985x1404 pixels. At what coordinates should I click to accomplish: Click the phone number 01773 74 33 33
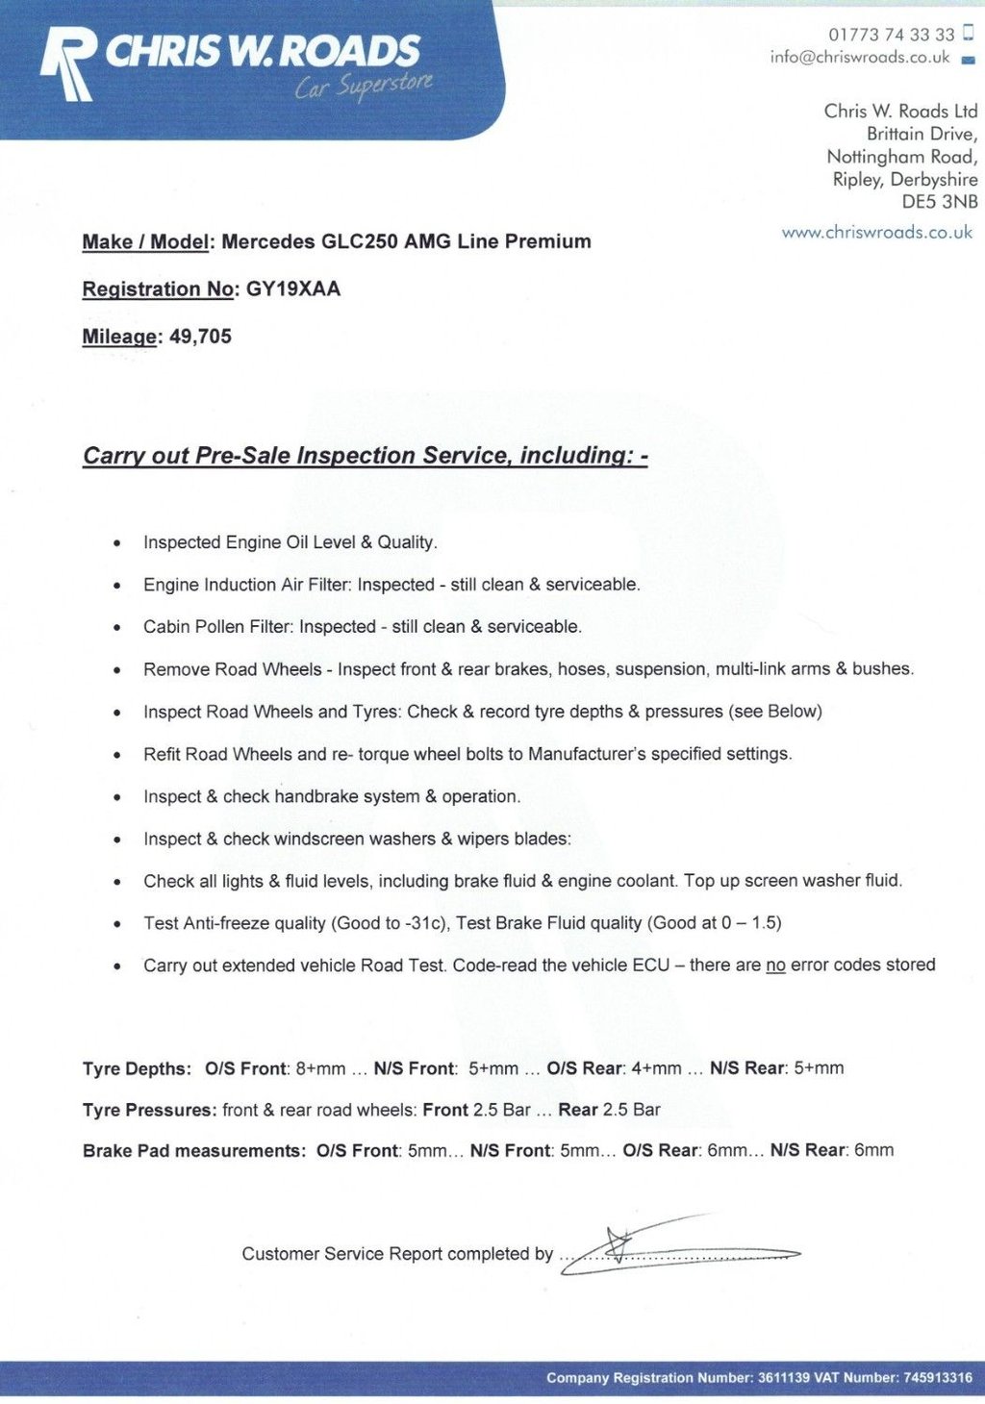tap(891, 35)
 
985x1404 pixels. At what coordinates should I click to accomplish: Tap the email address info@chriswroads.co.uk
tap(859, 58)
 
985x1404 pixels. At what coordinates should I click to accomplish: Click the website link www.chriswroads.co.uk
tap(876, 233)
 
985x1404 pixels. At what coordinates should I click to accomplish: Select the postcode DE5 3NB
tap(939, 202)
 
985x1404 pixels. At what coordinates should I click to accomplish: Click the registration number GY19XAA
tap(293, 289)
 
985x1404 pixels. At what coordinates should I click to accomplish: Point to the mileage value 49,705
tap(200, 337)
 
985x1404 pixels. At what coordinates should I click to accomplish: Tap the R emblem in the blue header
tap(68, 63)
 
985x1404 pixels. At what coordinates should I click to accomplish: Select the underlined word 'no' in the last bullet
tap(775, 965)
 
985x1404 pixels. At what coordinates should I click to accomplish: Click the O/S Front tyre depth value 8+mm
tap(320, 1068)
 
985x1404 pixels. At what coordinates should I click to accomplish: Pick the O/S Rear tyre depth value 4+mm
tap(656, 1068)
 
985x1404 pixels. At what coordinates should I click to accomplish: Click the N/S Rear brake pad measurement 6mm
tap(873, 1150)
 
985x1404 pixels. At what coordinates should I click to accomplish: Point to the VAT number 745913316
tap(937, 1378)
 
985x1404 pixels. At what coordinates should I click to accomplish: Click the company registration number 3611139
tap(783, 1378)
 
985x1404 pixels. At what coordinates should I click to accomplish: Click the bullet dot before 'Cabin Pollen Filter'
tap(117, 628)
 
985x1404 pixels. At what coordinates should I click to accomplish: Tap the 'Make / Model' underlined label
tap(145, 242)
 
